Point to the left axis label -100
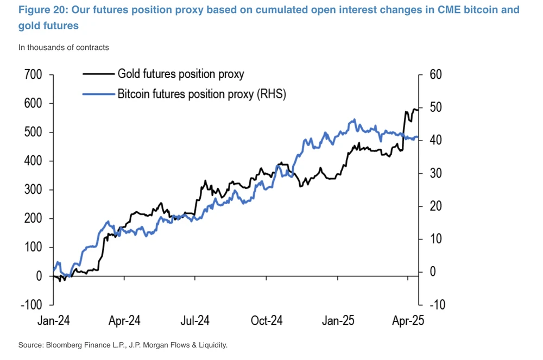click(30, 305)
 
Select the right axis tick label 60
click(436, 75)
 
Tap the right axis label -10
click(436, 305)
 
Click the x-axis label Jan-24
click(53, 321)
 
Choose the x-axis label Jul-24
click(195, 321)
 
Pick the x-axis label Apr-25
click(408, 321)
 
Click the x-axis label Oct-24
click(266, 321)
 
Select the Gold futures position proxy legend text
click(180, 74)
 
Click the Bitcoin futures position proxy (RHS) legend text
click(201, 94)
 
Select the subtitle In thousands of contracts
click(64, 47)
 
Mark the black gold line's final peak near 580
click(415, 109)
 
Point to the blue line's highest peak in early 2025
click(354, 120)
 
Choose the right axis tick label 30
click(436, 174)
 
